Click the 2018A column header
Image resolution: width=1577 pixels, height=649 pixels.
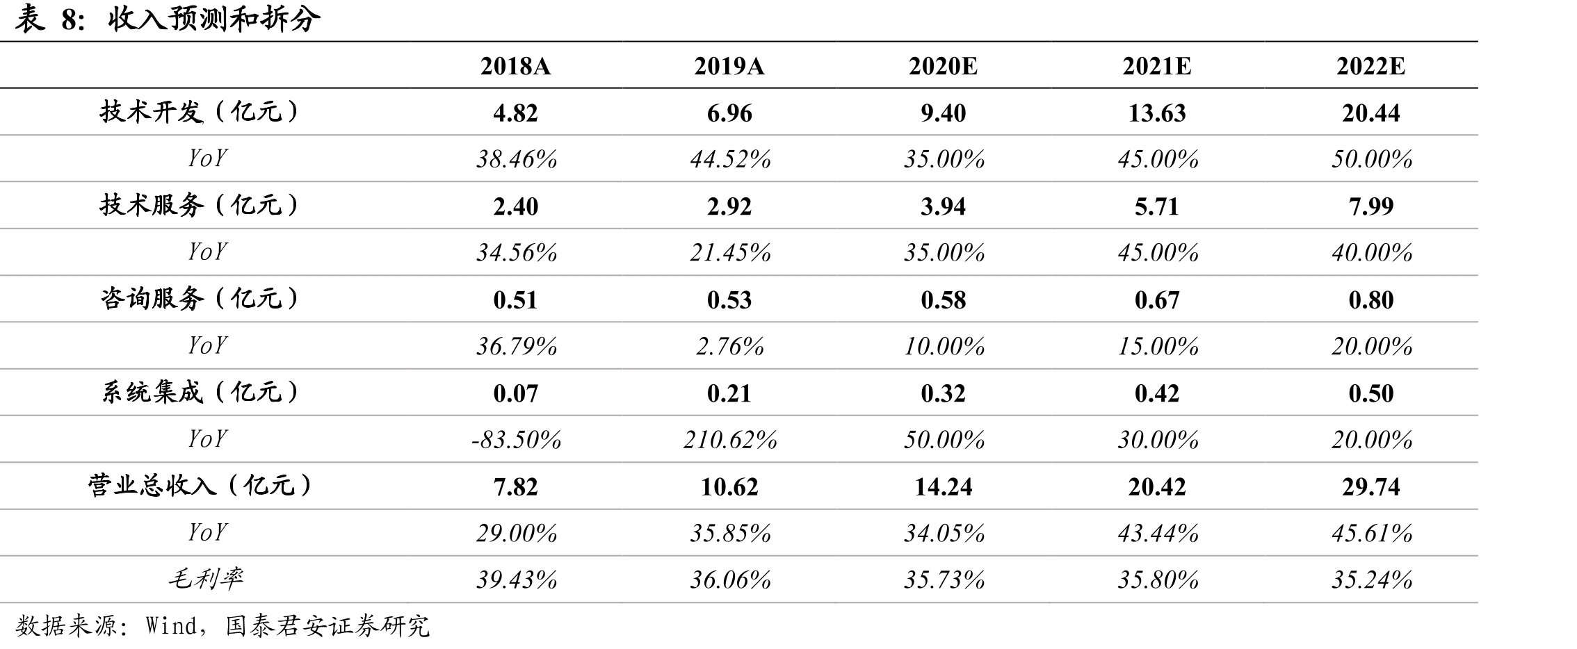pyautogui.click(x=515, y=66)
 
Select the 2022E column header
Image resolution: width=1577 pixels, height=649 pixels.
pyautogui.click(x=1370, y=66)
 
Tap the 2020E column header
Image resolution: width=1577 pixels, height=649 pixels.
pyautogui.click(x=943, y=66)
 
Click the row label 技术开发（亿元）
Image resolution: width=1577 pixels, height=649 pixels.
pyautogui.click(x=201, y=112)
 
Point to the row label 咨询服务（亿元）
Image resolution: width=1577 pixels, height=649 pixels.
pyautogui.click(x=201, y=299)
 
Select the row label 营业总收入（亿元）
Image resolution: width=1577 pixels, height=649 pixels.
pyautogui.click(x=201, y=486)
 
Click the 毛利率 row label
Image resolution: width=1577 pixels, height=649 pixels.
pyautogui.click(x=206, y=579)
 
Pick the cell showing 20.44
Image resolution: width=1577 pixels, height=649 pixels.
pyautogui.click(x=1370, y=113)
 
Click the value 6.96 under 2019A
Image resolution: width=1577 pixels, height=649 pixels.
pyautogui.click(x=729, y=113)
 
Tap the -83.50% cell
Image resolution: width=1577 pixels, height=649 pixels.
pyautogui.click(x=516, y=439)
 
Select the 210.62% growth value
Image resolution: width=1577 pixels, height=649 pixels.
pyautogui.click(x=730, y=439)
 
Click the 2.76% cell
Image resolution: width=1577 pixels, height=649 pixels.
pyautogui.click(x=730, y=346)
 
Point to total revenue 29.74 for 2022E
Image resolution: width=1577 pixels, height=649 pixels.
pyautogui.click(x=1370, y=486)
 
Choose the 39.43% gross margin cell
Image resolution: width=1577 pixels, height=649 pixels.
pyautogui.click(x=517, y=580)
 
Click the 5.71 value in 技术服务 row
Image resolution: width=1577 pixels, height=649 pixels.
pyautogui.click(x=1157, y=206)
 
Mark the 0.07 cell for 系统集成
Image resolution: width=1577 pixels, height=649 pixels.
pyautogui.click(x=515, y=393)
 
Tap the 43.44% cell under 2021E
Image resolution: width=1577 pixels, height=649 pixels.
pyautogui.click(x=1158, y=533)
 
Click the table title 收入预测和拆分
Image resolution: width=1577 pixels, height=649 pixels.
pyautogui.click(x=214, y=19)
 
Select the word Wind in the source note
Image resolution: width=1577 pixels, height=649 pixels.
pyautogui.click(x=172, y=626)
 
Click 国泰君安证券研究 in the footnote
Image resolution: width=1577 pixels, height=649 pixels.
pyautogui.click(x=327, y=626)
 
